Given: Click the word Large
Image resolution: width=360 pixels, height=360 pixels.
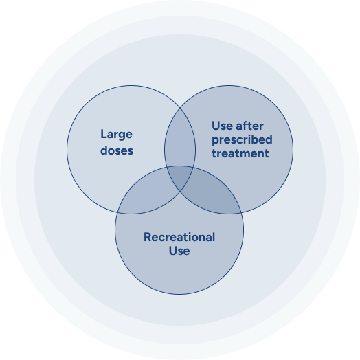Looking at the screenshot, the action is (116, 135).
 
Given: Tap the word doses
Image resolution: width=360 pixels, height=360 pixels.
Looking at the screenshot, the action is (117, 150).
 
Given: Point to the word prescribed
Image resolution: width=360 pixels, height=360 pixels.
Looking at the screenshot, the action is (242, 140).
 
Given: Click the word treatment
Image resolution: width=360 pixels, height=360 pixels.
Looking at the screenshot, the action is (240, 153).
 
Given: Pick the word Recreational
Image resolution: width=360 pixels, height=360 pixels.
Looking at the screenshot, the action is (179, 237).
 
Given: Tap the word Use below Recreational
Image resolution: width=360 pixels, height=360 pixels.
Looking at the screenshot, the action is (179, 251).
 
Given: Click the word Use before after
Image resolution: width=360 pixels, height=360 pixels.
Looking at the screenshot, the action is (222, 126).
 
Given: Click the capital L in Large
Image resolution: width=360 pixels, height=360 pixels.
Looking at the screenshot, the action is (104, 133).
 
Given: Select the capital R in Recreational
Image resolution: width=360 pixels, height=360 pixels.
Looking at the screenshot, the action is (148, 237).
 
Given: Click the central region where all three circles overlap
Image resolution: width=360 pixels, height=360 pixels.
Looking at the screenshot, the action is (180, 176).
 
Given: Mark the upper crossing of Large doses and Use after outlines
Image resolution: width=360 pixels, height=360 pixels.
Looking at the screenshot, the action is (180, 108).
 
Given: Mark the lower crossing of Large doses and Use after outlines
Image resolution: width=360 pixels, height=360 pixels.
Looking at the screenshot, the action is (180, 191).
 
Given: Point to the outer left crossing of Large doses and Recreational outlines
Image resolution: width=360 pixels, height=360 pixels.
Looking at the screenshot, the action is (117, 212).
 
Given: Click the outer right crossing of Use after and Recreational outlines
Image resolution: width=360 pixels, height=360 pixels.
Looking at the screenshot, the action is (242, 212).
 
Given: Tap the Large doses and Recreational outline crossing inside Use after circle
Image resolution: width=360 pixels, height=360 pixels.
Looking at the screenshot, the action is (194, 168).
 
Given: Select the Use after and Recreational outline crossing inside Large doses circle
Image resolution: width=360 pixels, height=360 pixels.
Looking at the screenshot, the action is (166, 168).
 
